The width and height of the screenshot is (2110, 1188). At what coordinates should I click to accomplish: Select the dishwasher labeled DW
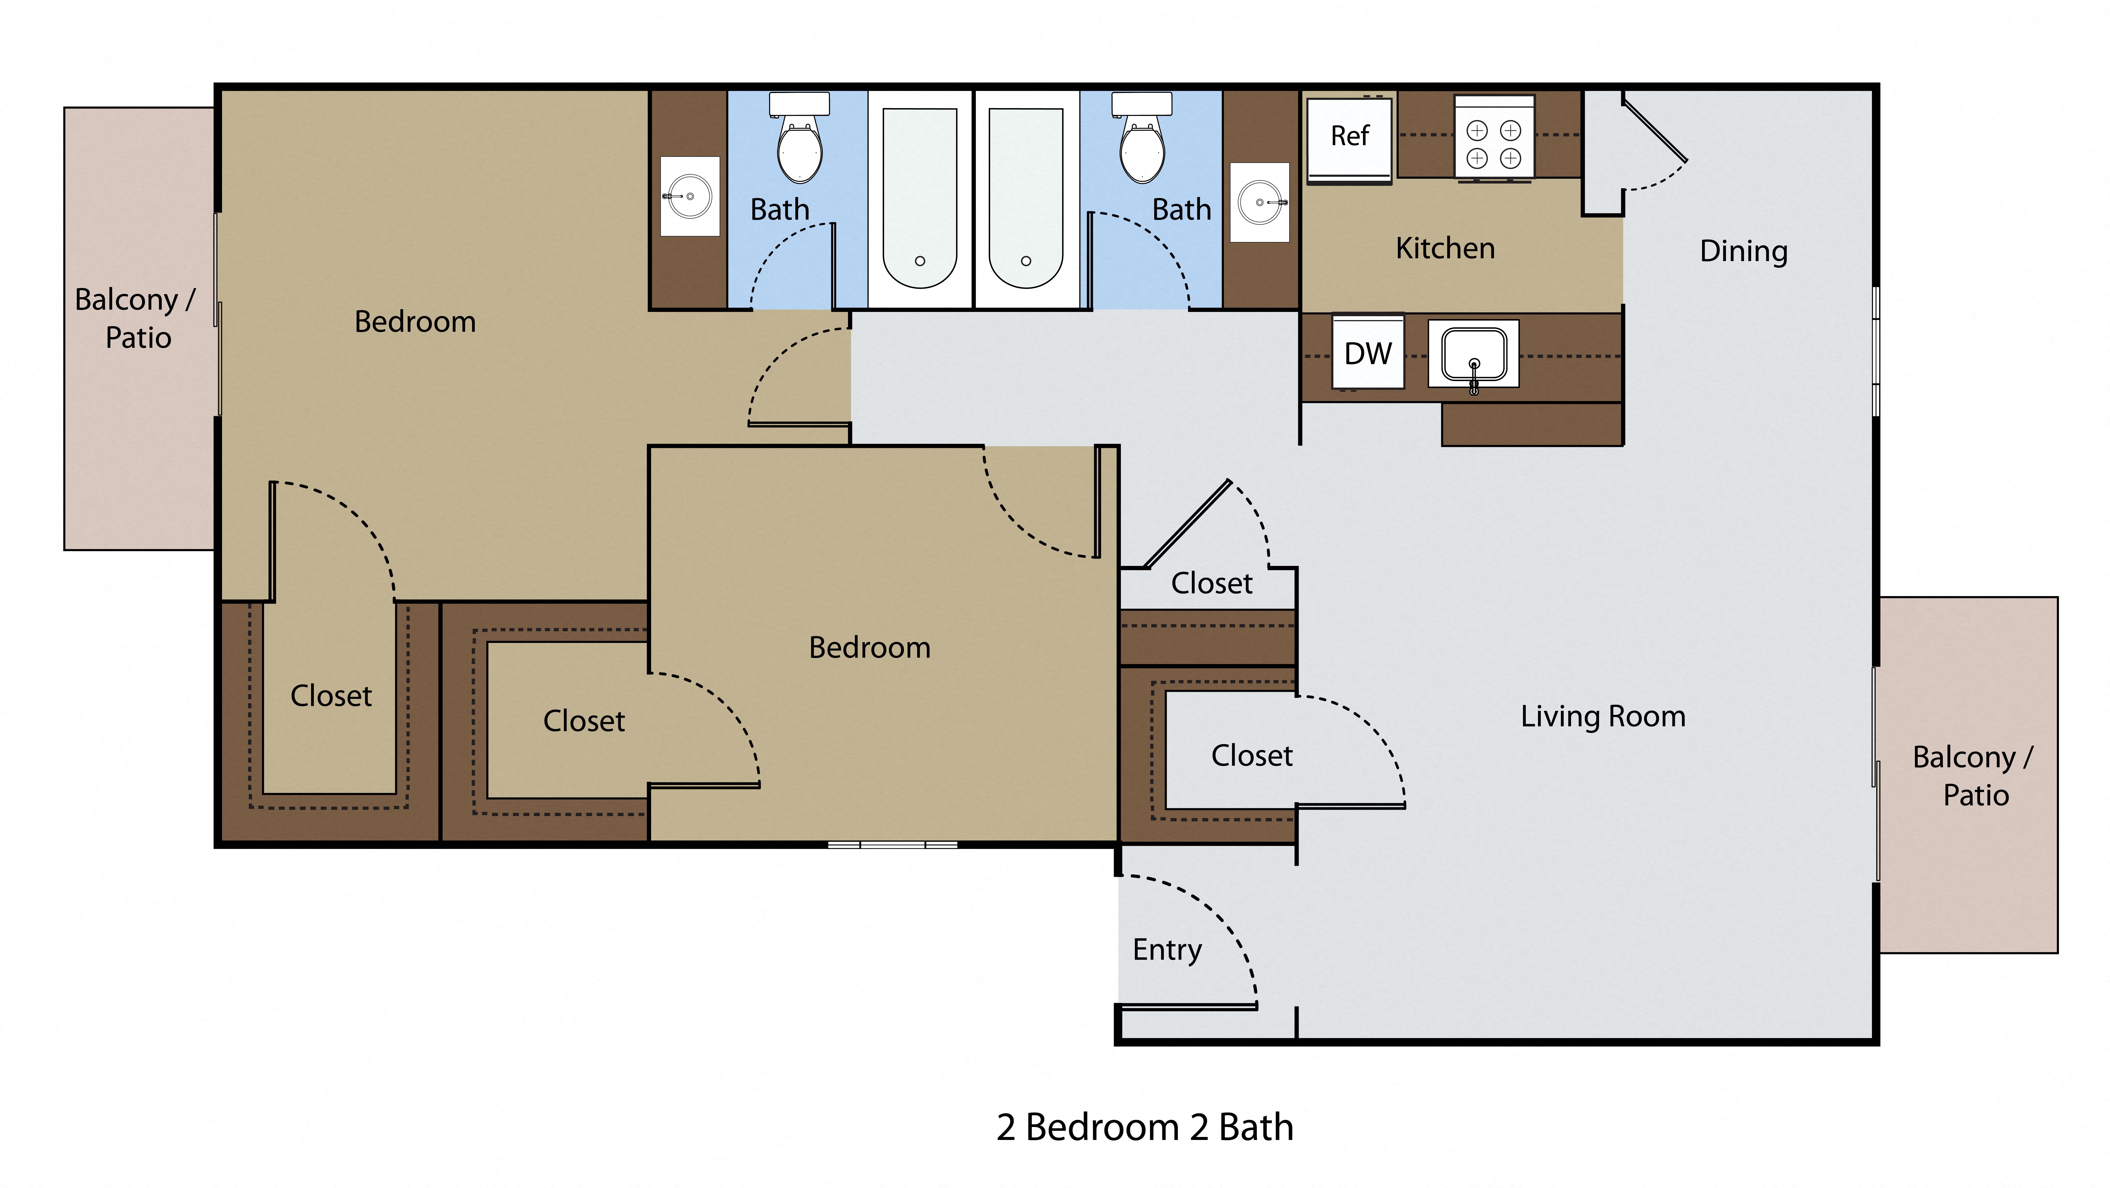pos(1368,353)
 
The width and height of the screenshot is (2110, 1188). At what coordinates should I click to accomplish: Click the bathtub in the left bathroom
pos(920,199)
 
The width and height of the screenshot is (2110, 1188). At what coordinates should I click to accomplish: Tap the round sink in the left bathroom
pos(690,197)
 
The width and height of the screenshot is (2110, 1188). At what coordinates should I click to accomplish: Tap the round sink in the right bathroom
pos(1260,201)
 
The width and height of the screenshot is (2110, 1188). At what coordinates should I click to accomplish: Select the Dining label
pos(1743,251)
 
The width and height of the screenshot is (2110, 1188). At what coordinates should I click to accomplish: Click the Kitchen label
pos(1445,248)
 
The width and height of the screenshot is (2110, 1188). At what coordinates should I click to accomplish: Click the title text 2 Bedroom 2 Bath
pos(1144,1127)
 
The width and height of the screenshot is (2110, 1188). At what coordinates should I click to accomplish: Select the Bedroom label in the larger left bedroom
pos(415,322)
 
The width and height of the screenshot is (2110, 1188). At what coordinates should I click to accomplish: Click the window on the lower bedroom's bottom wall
pos(892,844)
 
